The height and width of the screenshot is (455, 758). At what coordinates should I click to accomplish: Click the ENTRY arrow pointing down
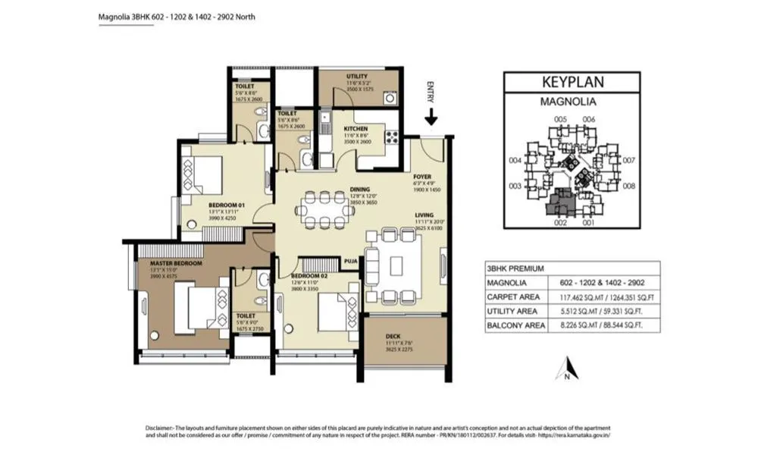pyautogui.click(x=431, y=116)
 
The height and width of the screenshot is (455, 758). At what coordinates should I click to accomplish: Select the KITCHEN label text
pyautogui.click(x=356, y=129)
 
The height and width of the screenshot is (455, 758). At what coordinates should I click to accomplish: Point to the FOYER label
pyautogui.click(x=422, y=176)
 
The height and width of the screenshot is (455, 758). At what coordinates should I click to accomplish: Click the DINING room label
pyautogui.click(x=359, y=190)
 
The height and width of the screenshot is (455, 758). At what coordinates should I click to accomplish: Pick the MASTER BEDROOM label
pyautogui.click(x=171, y=262)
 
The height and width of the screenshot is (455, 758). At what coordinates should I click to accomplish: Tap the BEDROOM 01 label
pyautogui.click(x=227, y=204)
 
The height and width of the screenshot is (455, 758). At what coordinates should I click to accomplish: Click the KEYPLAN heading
pyautogui.click(x=579, y=82)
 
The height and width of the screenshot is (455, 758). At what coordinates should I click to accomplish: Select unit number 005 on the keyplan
pyautogui.click(x=561, y=119)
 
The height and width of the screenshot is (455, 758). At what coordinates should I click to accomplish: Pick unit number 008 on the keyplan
pyautogui.click(x=628, y=185)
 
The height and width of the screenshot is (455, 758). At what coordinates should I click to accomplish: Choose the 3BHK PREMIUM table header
pyautogui.click(x=515, y=268)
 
